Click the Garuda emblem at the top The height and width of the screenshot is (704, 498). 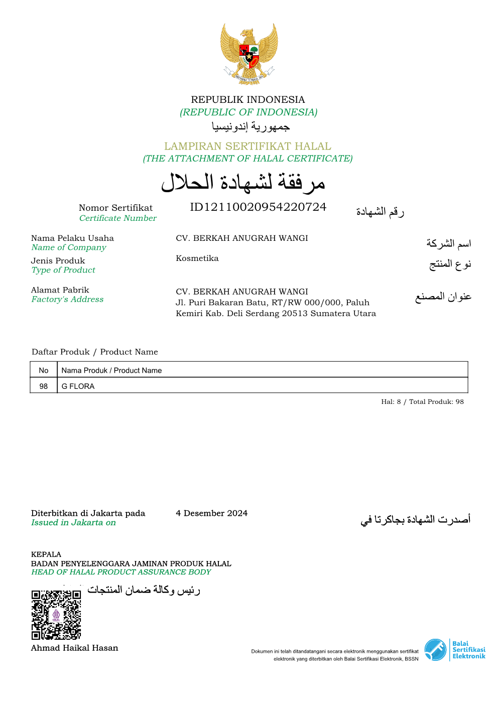[x=249, y=53]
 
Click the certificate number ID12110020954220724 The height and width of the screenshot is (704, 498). [x=258, y=207]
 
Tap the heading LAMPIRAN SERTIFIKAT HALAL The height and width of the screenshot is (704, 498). [x=247, y=146]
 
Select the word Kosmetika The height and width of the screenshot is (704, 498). [x=197, y=258]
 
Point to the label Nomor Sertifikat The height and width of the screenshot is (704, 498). [x=115, y=208]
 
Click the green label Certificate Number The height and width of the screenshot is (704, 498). [x=118, y=218]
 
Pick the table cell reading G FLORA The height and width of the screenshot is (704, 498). [x=78, y=386]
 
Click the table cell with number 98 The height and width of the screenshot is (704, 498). [x=44, y=386]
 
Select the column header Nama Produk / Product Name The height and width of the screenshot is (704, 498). [x=111, y=370]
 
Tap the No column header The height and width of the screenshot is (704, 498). [x=44, y=370]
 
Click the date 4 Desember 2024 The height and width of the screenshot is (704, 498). [x=211, y=513]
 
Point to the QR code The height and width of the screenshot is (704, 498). [x=56, y=615]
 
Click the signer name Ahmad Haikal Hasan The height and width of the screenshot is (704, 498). [x=74, y=648]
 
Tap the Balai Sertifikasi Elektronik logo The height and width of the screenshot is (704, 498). [x=455, y=650]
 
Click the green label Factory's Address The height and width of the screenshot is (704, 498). [x=67, y=300]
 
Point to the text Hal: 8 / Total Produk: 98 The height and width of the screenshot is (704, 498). [x=422, y=401]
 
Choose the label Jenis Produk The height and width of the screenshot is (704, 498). [x=58, y=261]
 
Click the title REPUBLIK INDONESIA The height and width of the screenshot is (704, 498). [x=248, y=99]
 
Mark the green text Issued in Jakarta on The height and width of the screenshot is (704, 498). [x=73, y=523]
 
